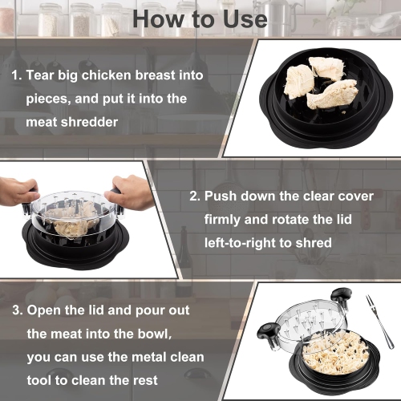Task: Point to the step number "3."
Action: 16,310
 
